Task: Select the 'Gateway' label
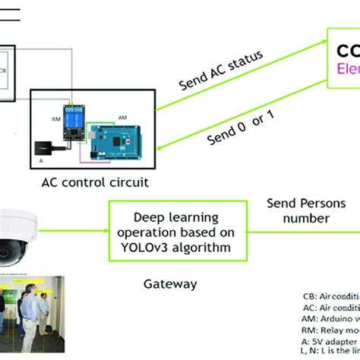point(170,284)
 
